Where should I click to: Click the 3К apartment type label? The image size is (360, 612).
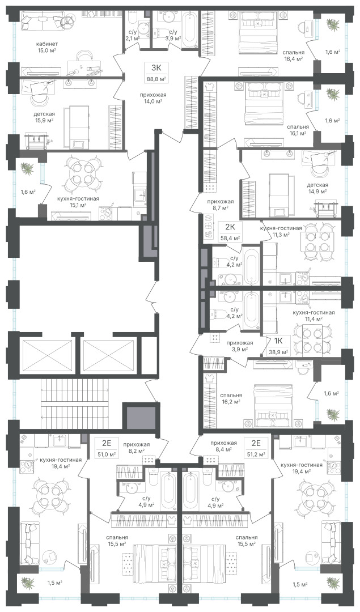(156, 67)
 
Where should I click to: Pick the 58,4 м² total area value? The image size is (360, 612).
(230, 237)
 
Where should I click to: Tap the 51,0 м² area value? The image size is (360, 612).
(107, 454)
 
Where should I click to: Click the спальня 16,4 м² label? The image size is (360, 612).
(294, 55)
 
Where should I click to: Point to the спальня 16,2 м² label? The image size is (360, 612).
(231, 398)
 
